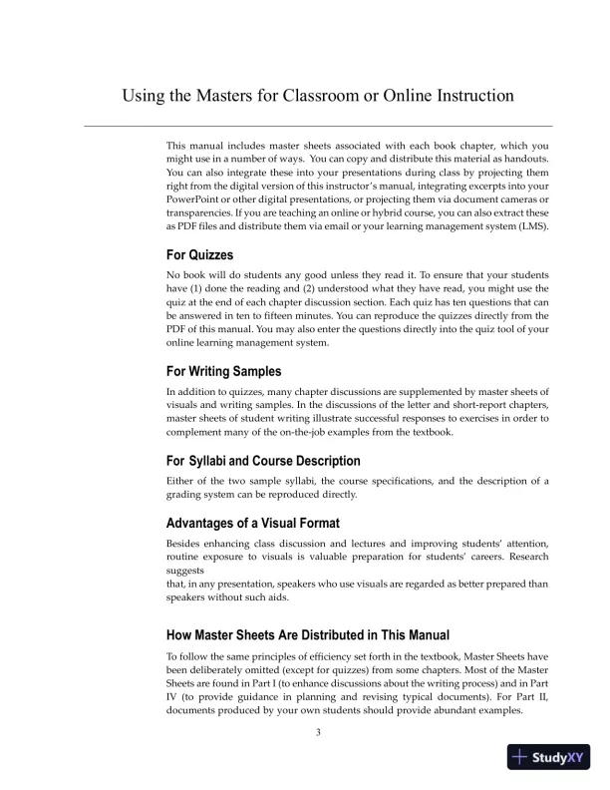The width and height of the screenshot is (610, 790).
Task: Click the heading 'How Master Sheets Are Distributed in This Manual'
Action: [x=308, y=634]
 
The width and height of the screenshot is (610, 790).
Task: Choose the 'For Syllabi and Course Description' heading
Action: [x=263, y=461]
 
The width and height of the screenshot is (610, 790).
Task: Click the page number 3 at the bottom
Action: [x=318, y=733]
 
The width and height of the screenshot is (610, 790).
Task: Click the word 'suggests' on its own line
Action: [x=188, y=572]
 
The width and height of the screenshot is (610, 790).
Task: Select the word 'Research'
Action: [x=524, y=558]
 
